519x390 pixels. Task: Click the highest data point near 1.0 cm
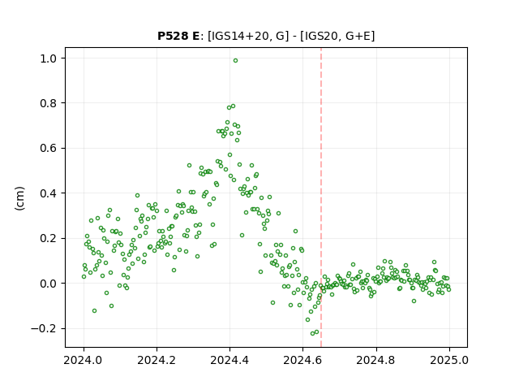click(x=235, y=61)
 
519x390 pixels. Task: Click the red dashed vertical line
click(x=321, y=197)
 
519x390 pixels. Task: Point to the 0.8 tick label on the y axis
click(x=49, y=103)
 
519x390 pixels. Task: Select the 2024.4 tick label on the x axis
click(x=229, y=360)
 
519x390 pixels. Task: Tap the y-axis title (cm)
click(x=19, y=198)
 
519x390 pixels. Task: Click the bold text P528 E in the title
click(x=178, y=36)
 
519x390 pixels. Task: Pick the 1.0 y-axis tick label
click(x=49, y=58)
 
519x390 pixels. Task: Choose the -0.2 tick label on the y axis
click(x=44, y=328)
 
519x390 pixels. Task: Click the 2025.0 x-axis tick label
click(x=449, y=360)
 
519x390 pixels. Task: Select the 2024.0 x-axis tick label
click(x=84, y=360)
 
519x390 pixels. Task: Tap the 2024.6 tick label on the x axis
click(x=302, y=360)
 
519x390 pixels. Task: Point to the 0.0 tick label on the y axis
click(x=49, y=284)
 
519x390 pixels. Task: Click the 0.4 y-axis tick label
click(x=49, y=193)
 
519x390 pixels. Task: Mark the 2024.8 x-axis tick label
click(x=376, y=360)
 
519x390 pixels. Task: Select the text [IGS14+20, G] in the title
click(x=246, y=36)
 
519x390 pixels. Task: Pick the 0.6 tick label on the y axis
click(x=49, y=148)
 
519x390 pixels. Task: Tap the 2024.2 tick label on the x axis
click(x=157, y=360)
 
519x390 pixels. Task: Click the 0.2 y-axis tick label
click(x=49, y=238)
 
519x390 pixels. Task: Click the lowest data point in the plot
click(x=312, y=333)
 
